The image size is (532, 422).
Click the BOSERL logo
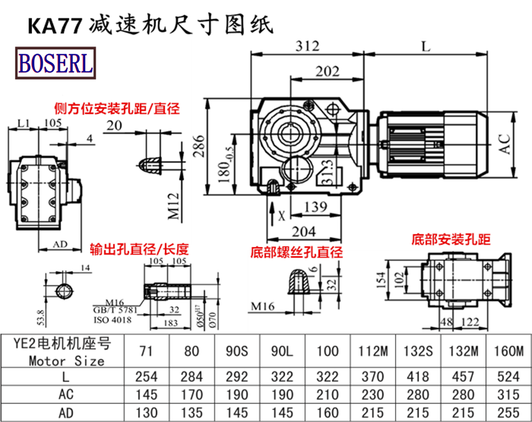pyautogui.click(x=55, y=63)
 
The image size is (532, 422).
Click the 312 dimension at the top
pyautogui.click(x=308, y=46)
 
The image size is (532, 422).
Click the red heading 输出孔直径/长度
pyautogui.click(x=139, y=250)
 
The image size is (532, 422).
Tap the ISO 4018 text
pyautogui.click(x=114, y=320)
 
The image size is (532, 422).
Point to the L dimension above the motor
pyautogui.click(x=426, y=46)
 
